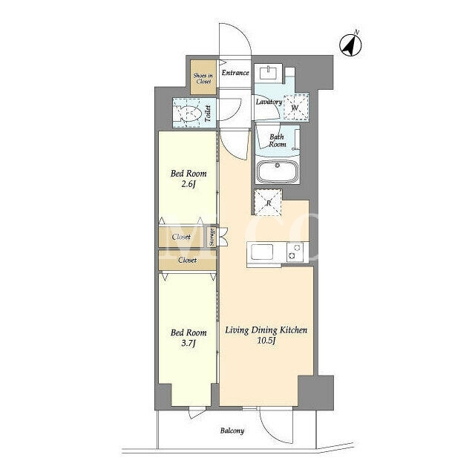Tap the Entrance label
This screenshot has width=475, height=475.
tap(235, 73)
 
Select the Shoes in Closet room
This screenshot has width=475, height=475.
tap(203, 77)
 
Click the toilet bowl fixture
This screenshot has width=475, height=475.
tap(187, 113)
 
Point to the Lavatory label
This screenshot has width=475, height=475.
tap(269, 102)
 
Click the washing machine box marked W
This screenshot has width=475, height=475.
tap(296, 107)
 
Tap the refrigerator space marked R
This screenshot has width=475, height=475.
tap(268, 203)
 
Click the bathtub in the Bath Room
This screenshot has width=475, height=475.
tap(277, 171)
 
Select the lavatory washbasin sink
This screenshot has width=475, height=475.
tap(268, 73)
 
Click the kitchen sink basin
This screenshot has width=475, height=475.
tap(261, 252)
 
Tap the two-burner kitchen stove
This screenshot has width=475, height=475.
tap(295, 252)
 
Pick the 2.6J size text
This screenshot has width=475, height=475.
tap(188, 184)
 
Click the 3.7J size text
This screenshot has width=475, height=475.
tap(188, 343)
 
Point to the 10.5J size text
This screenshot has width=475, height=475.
tap(266, 341)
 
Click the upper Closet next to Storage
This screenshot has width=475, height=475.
tap(182, 237)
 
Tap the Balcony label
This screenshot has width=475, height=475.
tap(232, 430)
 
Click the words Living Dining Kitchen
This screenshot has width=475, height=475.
tap(266, 330)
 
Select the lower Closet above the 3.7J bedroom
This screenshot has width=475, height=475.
tap(187, 260)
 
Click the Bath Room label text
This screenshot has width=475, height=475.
tap(277, 140)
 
